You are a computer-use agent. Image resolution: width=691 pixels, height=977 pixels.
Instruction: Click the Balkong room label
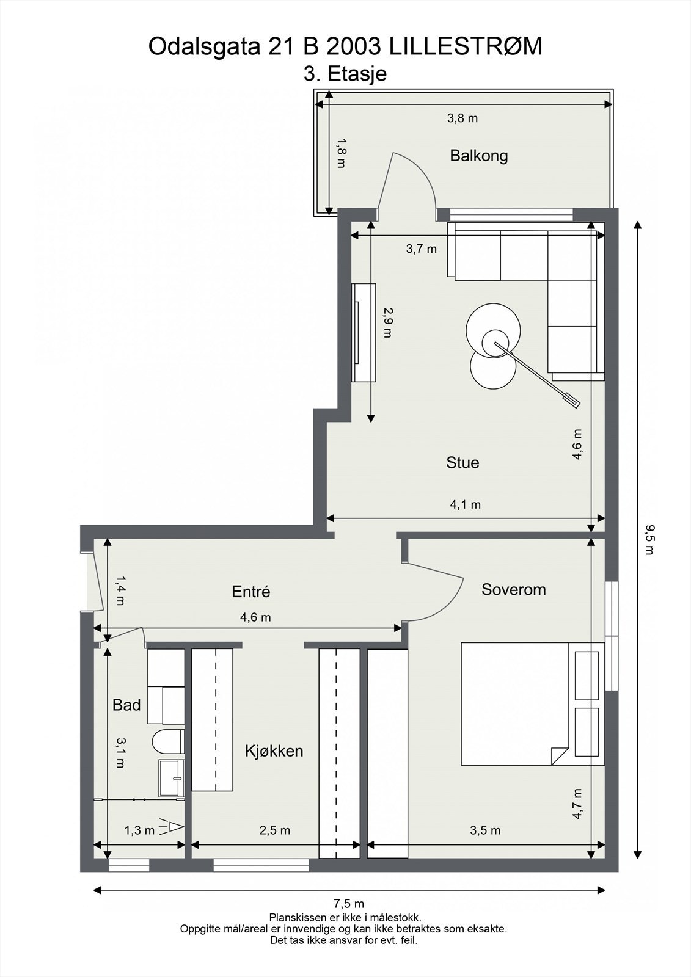[x=479, y=156]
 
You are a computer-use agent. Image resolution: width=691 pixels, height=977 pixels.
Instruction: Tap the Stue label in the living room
[x=462, y=462]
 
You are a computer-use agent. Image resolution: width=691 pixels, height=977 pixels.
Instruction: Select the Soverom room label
[x=514, y=589]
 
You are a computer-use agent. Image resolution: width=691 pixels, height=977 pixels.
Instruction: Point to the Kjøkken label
[x=274, y=750]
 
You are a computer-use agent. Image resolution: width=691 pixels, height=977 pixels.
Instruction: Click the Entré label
[x=251, y=592]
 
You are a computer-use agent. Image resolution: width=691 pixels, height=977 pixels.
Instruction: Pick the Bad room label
[x=126, y=705]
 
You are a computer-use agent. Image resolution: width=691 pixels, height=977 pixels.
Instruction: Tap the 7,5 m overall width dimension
[x=349, y=903]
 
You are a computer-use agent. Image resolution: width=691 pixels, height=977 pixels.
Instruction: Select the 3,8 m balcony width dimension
[x=462, y=118]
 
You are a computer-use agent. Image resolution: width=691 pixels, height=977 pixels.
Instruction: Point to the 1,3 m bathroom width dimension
[x=140, y=830]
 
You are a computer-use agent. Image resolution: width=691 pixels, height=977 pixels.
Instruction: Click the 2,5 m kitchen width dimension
[x=275, y=830]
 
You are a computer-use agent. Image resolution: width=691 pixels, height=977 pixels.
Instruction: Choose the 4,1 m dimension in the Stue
[x=466, y=504]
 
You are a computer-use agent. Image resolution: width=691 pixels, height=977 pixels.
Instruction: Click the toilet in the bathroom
[x=168, y=741]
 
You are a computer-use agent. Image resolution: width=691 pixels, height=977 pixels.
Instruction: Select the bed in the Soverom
[x=533, y=703]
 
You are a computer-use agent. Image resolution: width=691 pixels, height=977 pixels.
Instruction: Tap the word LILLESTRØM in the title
[x=466, y=46]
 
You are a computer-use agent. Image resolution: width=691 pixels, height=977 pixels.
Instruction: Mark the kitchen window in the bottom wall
[x=261, y=865]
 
